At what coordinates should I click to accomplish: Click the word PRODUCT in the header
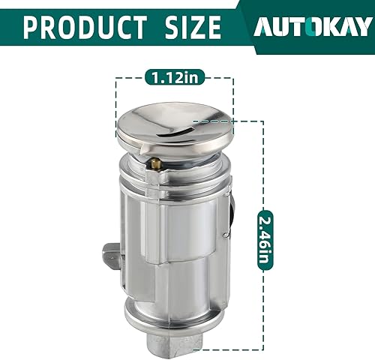click(85, 26)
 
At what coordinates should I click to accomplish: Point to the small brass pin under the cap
click(154, 162)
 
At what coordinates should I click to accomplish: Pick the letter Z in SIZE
click(195, 26)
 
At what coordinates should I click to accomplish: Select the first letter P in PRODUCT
click(33, 26)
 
